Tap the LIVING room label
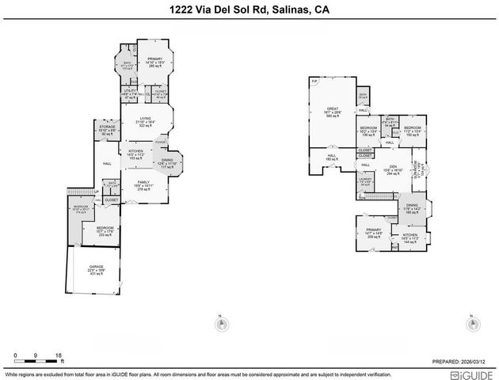(x=145, y=119)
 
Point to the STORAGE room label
(x=108, y=126)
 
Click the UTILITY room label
(x=131, y=91)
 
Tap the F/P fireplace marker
(x=314, y=81)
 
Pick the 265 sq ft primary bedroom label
(x=154, y=62)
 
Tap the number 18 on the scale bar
(x=58, y=355)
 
